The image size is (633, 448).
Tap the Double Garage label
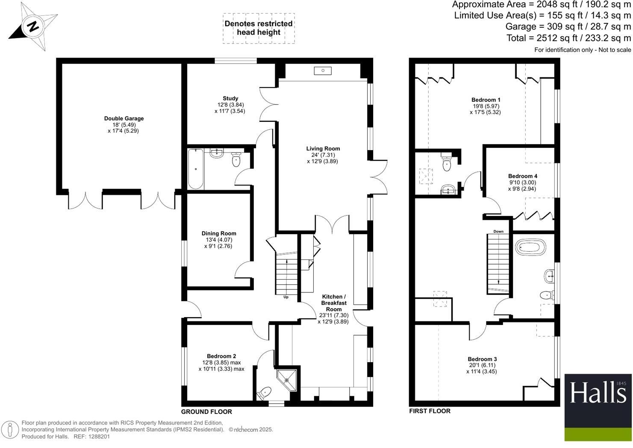point(124,119)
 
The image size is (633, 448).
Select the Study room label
point(230,99)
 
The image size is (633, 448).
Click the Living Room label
point(323,149)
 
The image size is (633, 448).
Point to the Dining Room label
point(219,233)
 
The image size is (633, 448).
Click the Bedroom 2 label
point(221,356)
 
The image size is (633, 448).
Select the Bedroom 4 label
point(523,176)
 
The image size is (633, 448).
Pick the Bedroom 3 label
point(482,359)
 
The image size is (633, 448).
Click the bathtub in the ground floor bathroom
point(196,168)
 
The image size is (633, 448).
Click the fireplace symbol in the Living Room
point(322,71)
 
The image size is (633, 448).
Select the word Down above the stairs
point(498,231)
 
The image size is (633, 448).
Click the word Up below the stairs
point(286,297)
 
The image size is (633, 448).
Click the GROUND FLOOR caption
point(206,412)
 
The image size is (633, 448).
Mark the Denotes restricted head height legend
point(259,28)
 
